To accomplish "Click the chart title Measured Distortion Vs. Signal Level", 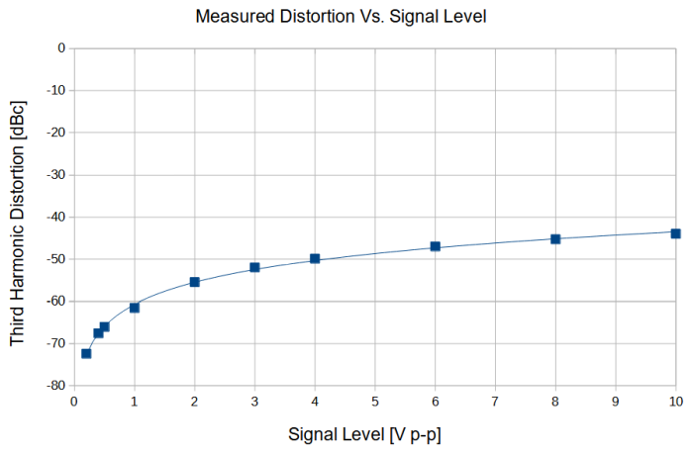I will (x=342, y=17).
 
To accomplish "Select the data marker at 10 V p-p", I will (x=675, y=233).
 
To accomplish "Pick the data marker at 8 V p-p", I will (x=555, y=238).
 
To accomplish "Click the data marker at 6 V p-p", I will (x=435, y=246).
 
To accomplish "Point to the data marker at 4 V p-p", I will (x=315, y=258).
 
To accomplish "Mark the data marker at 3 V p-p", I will (x=254, y=267).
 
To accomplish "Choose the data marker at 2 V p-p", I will (x=194, y=282).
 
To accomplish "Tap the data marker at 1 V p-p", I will (x=135, y=308).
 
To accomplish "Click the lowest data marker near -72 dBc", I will (x=86, y=353).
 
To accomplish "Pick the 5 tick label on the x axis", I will (x=375, y=402).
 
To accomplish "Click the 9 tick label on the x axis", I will (x=616, y=402).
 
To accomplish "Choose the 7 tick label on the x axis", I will (x=495, y=402).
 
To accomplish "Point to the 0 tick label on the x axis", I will (x=74, y=402).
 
